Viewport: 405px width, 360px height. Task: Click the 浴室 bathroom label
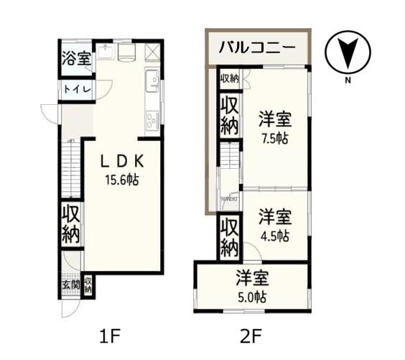coord(76,58)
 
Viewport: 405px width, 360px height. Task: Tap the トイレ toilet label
coord(76,89)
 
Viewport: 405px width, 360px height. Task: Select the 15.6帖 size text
coord(122,180)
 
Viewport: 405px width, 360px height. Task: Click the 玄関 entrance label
coord(70,284)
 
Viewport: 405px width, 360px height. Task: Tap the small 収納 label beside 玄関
coord(88,285)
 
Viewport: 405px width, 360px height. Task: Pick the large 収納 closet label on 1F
coord(70,223)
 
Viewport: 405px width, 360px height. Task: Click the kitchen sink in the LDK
coord(152,84)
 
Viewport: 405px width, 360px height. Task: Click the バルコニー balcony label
coord(256,50)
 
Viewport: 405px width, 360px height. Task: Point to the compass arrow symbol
coord(346,52)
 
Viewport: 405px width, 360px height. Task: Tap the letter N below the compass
coord(346,80)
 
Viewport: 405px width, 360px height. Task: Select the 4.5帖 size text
coord(275,235)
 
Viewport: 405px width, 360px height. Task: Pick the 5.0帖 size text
coord(251,296)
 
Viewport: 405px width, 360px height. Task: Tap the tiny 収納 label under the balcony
coord(229,78)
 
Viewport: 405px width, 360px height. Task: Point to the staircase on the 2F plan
coord(228,155)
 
